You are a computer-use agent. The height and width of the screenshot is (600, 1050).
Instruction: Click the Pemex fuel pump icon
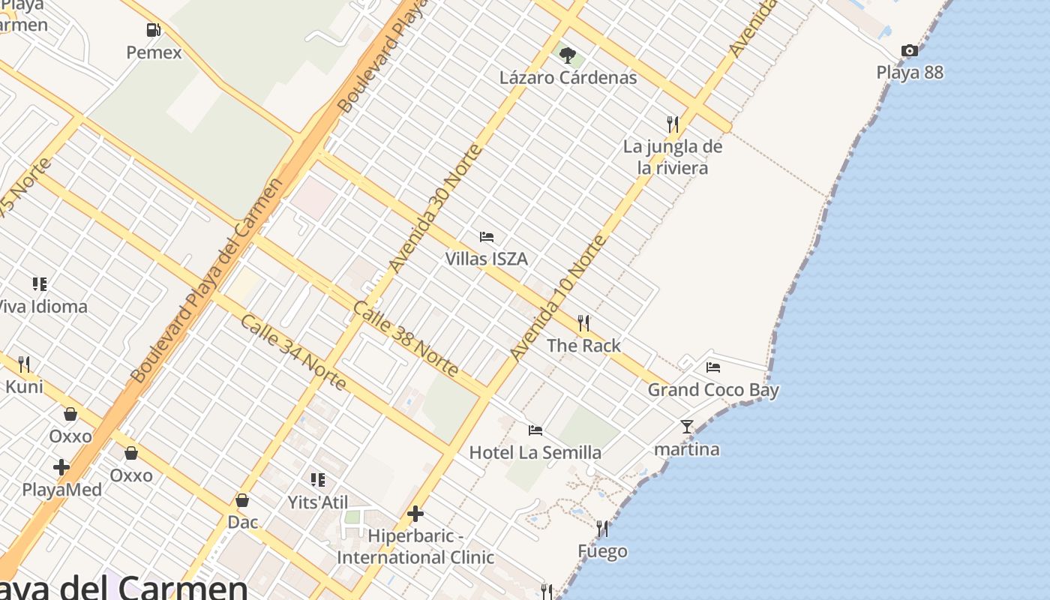153,30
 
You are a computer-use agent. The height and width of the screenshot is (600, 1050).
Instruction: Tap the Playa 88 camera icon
910,50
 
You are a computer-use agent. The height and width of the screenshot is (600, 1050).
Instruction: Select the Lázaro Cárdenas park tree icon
568,55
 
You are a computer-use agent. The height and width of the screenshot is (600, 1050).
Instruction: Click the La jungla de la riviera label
673,157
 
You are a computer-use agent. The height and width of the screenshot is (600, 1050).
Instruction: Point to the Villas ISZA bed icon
487,237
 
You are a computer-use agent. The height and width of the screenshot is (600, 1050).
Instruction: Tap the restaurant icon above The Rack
583,323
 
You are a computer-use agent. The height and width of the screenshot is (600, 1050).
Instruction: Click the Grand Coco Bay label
713,390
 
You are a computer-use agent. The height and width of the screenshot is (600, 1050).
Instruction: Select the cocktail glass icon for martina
687,427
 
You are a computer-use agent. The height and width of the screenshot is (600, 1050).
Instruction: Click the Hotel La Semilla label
535,452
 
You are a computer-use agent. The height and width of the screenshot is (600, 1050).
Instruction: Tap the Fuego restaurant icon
602,529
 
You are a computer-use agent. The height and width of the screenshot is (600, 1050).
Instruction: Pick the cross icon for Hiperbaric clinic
415,514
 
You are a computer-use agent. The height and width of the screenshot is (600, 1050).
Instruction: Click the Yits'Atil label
318,502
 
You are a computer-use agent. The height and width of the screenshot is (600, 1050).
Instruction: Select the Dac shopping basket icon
242,499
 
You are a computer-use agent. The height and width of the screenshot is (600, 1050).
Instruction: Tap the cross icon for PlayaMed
61,467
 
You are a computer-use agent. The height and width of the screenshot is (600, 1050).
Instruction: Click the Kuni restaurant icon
24,364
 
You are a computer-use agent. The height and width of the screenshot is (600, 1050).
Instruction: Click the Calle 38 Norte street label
406,338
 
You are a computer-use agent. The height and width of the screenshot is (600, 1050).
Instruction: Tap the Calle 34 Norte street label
293,352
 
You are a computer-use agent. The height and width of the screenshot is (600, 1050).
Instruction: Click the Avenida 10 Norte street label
557,297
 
